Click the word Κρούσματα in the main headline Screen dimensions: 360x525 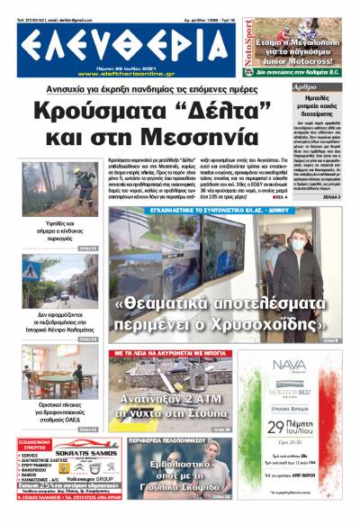click(122, 112)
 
